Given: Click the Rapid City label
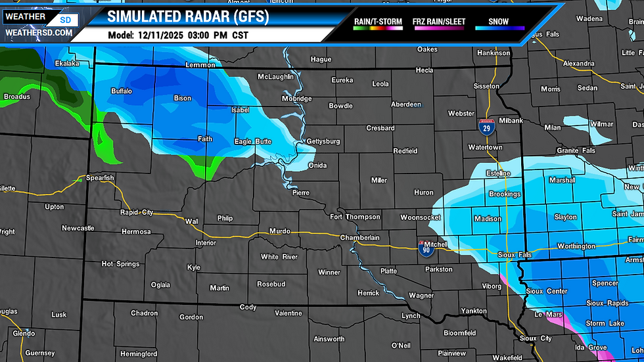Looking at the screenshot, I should point(137,212).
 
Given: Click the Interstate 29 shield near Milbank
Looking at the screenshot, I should point(486,128).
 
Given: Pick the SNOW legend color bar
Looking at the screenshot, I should point(501,29).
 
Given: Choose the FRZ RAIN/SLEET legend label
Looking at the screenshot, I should point(439,22).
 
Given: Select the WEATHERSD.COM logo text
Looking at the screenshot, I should point(38,32).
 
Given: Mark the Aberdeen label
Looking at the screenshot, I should point(406,104).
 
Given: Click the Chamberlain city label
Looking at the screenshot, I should point(360,238).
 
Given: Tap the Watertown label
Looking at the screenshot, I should point(485,148).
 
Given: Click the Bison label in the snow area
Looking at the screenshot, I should point(182,99).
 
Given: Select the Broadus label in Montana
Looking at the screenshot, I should point(17,97).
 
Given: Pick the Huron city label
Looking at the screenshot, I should point(424,192).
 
